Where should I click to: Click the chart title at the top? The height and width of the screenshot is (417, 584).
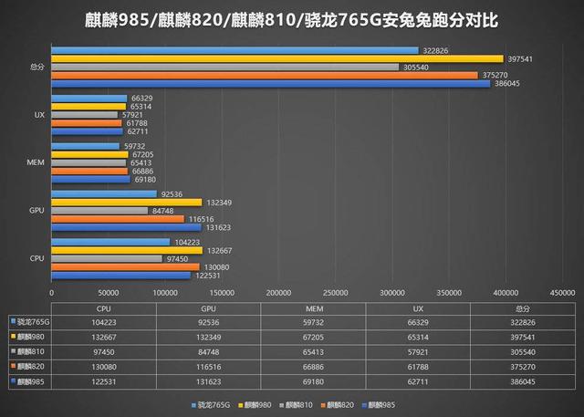pos(292,20)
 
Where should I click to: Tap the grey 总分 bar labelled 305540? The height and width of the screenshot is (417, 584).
pos(224,67)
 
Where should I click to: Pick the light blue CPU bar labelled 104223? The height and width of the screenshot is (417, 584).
pos(110,242)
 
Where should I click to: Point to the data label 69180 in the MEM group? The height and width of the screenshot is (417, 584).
pos(147,180)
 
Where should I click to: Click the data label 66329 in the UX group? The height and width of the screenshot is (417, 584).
pos(141,98)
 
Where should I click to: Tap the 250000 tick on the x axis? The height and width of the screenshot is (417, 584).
pos(335,293)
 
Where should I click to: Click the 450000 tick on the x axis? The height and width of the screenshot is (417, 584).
pos(562,293)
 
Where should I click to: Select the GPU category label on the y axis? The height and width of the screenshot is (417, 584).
pos(36,211)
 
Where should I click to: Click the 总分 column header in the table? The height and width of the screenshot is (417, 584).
pos(523,309)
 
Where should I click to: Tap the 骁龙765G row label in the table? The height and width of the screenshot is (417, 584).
pos(33,322)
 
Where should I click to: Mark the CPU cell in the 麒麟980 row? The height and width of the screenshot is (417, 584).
pos(104,336)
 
